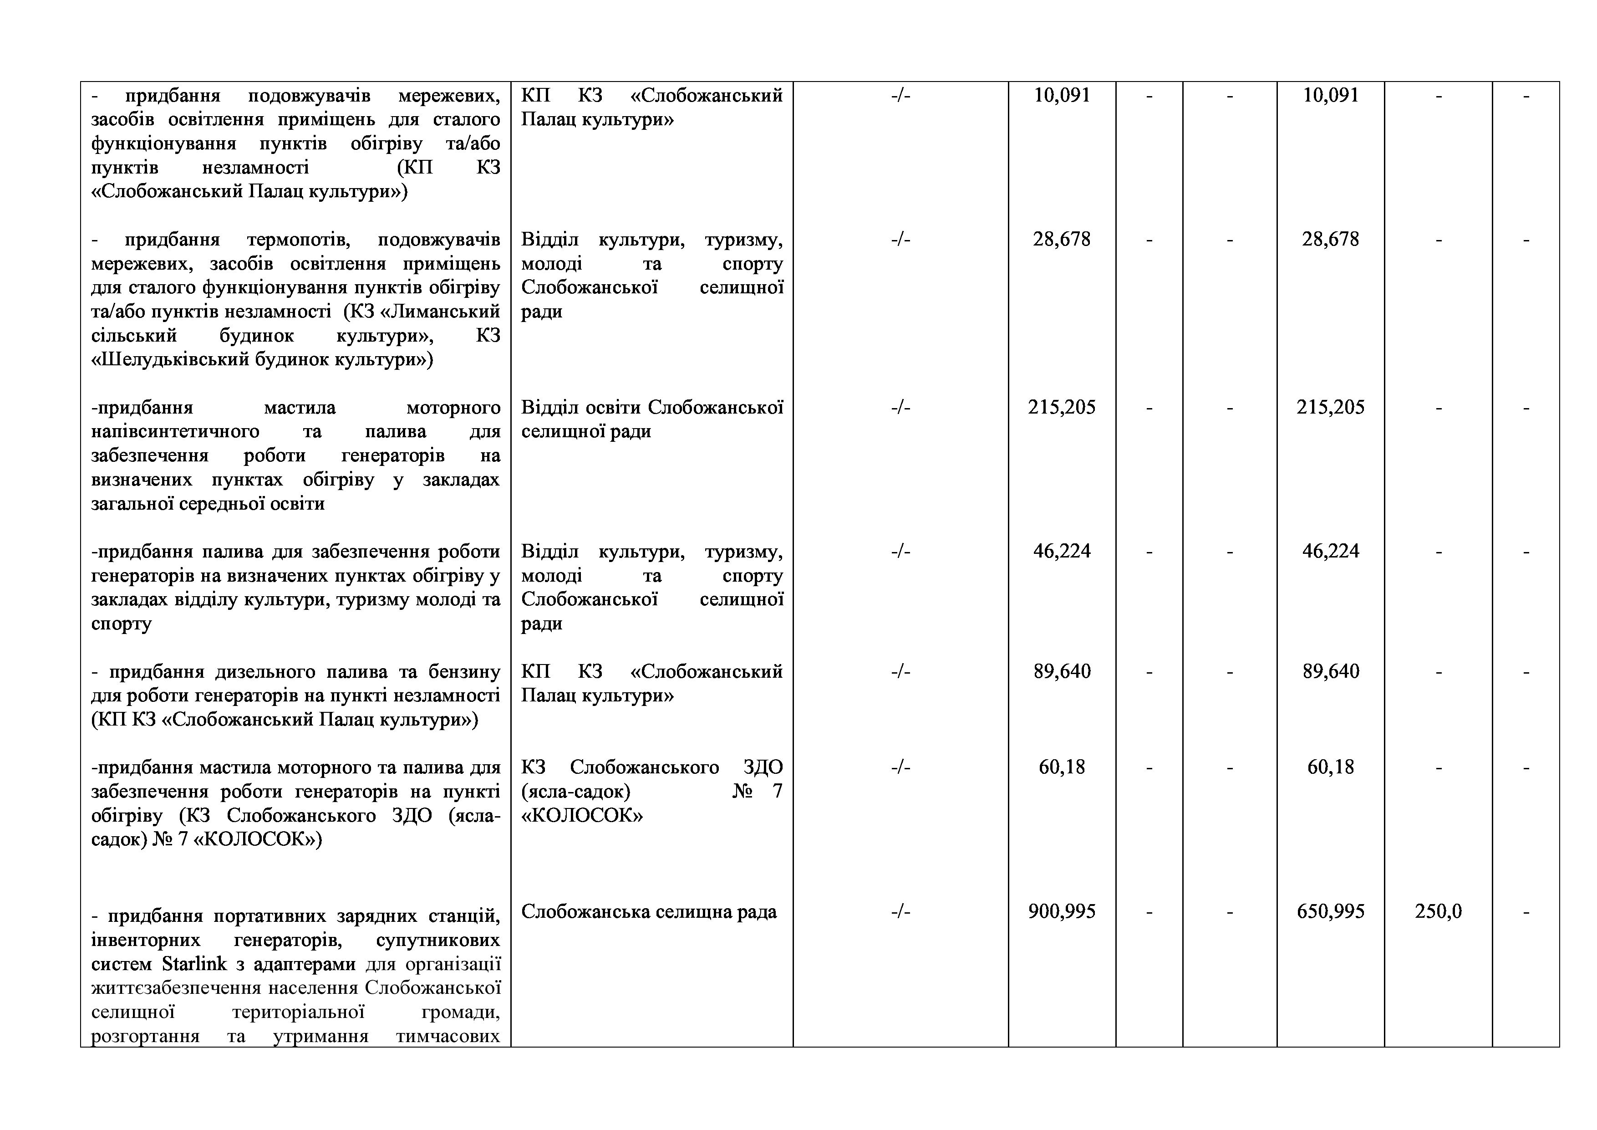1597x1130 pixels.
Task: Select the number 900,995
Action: (x=1062, y=911)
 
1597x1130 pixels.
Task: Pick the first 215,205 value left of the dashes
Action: (x=1062, y=408)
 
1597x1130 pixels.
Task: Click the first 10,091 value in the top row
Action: (x=1062, y=95)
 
